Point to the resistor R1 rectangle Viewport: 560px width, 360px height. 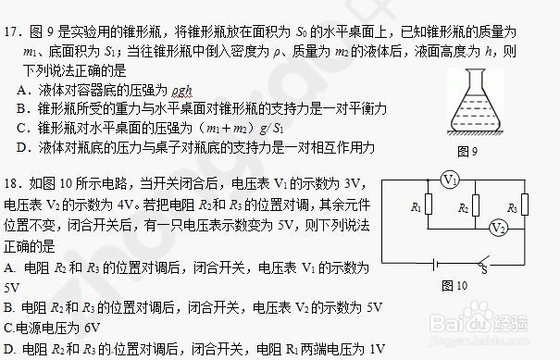pyautogui.click(x=427, y=207)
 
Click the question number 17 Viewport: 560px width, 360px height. pyautogui.click(x=12, y=12)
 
